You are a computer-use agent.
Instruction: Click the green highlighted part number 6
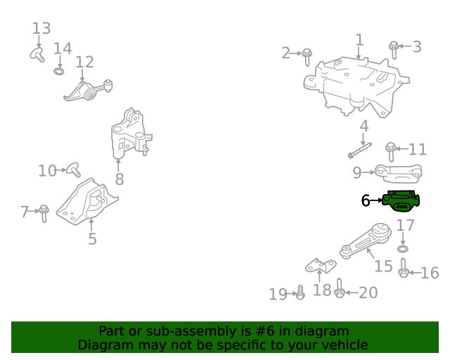point(401,201)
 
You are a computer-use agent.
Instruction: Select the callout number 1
point(359,40)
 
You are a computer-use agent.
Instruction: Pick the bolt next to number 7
point(44,212)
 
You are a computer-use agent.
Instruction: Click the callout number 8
point(120,179)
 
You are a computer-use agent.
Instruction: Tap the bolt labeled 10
point(73,169)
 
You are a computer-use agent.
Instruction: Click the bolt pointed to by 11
point(391,150)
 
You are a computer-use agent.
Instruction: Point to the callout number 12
point(84,63)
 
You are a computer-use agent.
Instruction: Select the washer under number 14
point(60,71)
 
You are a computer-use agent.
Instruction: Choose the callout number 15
point(383,266)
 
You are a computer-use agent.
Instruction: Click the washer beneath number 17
point(403,250)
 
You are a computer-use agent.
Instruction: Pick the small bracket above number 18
point(320,266)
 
